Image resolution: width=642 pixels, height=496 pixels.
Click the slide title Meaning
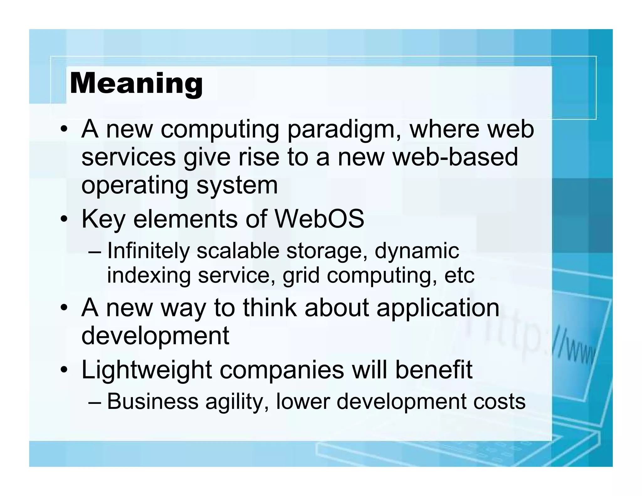pos(136,83)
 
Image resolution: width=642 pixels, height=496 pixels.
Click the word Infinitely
pos(149,251)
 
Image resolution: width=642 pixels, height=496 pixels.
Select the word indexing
pos(149,276)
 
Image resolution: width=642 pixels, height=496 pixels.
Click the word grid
pos(301,276)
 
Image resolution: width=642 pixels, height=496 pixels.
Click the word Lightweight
pos(146,370)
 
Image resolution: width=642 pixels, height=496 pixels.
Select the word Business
pos(153,401)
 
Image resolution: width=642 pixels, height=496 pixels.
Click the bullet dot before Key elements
pos(64,219)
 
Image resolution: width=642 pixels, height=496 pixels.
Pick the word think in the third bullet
pos(270,308)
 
